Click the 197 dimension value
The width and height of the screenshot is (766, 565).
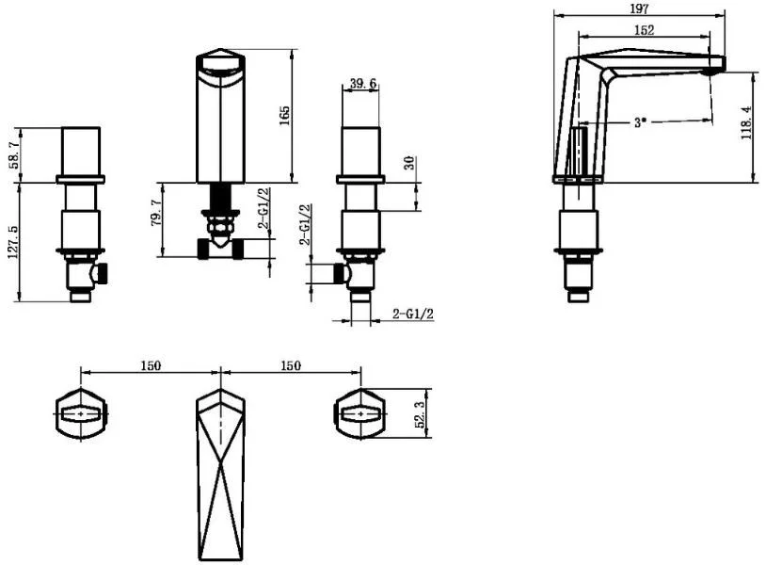tap(639, 8)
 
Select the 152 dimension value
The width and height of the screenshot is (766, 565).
tap(644, 30)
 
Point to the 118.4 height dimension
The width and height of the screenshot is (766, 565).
tap(746, 122)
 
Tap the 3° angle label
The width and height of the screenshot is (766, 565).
tap(640, 122)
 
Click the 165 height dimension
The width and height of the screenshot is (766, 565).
tap(284, 115)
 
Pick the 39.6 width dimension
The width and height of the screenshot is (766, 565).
tap(363, 83)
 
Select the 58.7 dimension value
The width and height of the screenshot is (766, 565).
tap(15, 153)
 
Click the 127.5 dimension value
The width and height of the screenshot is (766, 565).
tap(14, 242)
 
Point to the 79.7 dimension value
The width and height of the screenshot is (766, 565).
tap(156, 213)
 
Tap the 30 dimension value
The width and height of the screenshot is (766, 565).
tap(409, 162)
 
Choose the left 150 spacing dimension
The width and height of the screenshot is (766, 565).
tap(151, 365)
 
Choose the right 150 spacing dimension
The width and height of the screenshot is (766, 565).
tap(291, 365)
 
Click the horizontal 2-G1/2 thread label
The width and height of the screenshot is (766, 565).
tap(413, 314)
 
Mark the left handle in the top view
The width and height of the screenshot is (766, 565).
tap(81, 414)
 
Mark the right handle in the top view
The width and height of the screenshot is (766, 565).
tap(360, 414)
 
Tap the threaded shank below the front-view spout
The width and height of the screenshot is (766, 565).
tap(220, 197)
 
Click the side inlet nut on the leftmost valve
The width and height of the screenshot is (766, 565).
tap(102, 274)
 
